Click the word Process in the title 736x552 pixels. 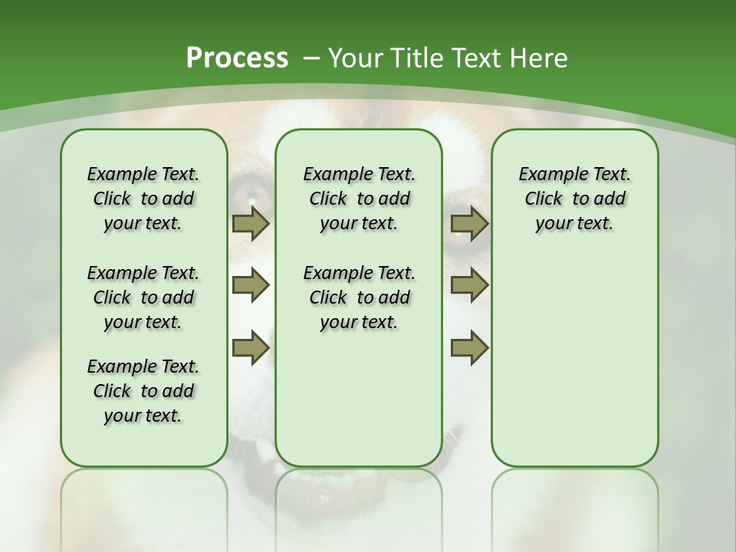click(237, 58)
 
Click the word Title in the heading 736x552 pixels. click(419, 58)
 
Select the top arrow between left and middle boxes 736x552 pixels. click(251, 224)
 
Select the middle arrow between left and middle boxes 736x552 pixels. click(251, 285)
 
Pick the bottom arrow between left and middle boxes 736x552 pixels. click(251, 347)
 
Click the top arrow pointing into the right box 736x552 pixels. click(469, 224)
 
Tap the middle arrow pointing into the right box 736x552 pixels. click(469, 285)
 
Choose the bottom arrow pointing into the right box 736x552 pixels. click(469, 347)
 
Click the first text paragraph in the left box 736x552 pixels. click(143, 199)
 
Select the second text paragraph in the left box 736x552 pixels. click(143, 297)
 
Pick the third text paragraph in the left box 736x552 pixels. click(143, 391)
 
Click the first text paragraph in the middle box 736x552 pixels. click(359, 199)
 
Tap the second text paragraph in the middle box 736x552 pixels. click(359, 297)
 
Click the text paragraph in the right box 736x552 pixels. click(574, 199)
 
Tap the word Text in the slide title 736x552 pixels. click(478, 58)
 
